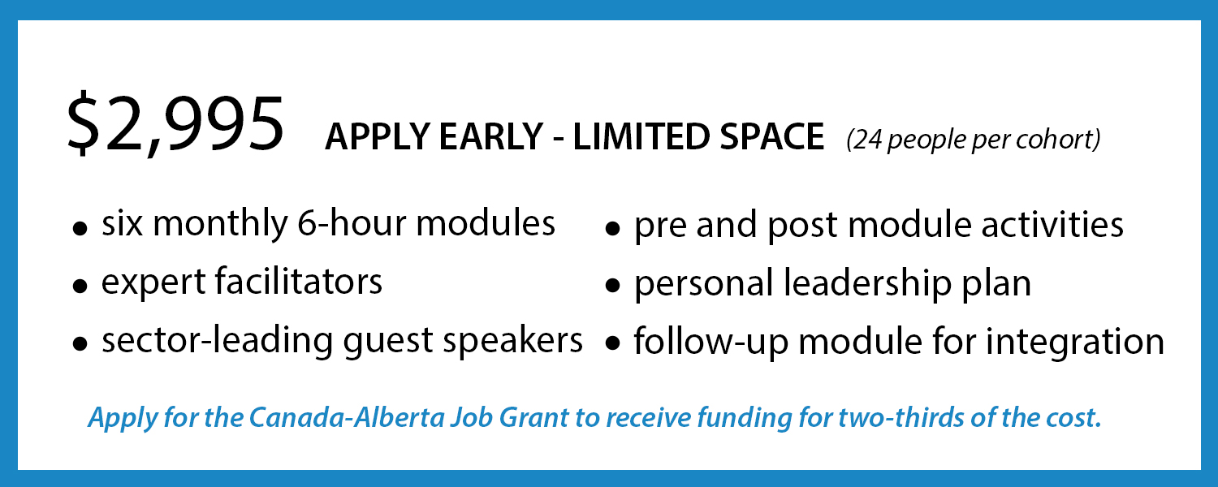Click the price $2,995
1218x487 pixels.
click(175, 125)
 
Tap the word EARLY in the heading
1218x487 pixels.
click(491, 136)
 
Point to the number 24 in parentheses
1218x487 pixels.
click(868, 139)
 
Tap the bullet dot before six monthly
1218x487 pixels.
click(80, 228)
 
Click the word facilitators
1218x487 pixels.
click(299, 281)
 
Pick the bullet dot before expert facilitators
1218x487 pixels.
click(80, 286)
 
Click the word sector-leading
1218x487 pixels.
click(217, 342)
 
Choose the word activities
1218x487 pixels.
click(1052, 225)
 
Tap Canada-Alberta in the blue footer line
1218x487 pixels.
click(347, 417)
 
